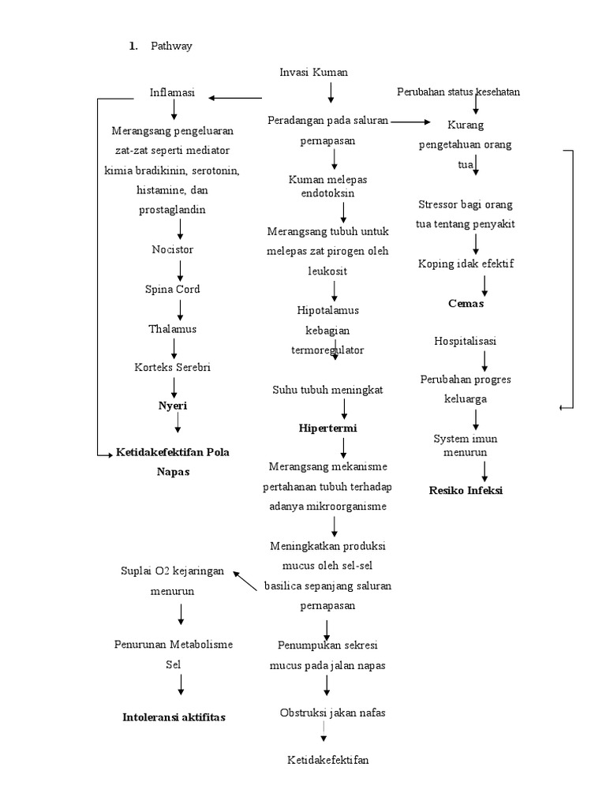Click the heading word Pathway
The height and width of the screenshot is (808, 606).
[x=171, y=46]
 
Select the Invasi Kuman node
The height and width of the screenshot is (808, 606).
[x=313, y=72]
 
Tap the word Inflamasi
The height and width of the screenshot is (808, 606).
[x=172, y=92]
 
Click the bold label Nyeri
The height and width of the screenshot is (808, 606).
[x=174, y=405]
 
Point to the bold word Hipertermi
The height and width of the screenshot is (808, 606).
[x=327, y=428]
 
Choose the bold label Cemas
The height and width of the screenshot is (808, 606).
[x=466, y=303]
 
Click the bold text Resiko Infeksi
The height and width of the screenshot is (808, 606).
[x=466, y=490]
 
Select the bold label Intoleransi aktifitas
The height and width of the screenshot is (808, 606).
[x=174, y=717]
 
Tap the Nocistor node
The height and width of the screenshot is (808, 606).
[x=172, y=249]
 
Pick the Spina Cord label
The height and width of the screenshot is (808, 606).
[x=172, y=289]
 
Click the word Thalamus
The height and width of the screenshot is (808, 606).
[x=172, y=328]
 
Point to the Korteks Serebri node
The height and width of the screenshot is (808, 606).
[x=172, y=367]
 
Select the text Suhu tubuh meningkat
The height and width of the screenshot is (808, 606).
[x=327, y=390]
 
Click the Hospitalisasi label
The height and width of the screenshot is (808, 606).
[x=466, y=341]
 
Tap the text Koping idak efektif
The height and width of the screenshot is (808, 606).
[x=466, y=264]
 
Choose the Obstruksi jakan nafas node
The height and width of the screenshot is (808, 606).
[x=332, y=713]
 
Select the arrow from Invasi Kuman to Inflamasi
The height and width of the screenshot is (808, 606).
[x=235, y=98]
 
